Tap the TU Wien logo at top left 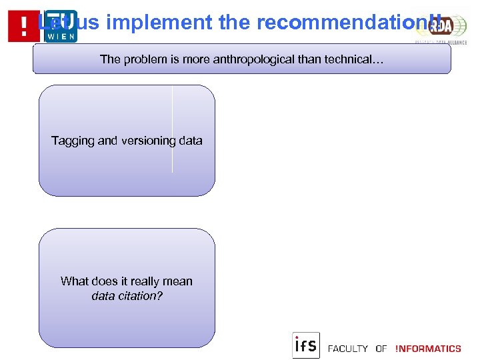[61, 25]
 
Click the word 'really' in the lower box [139, 281]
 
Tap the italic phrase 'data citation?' [127, 296]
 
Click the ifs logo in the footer [306, 345]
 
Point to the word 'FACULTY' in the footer [347, 349]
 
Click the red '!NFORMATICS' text [428, 349]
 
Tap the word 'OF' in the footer [381, 349]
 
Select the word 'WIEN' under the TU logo [61, 36]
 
